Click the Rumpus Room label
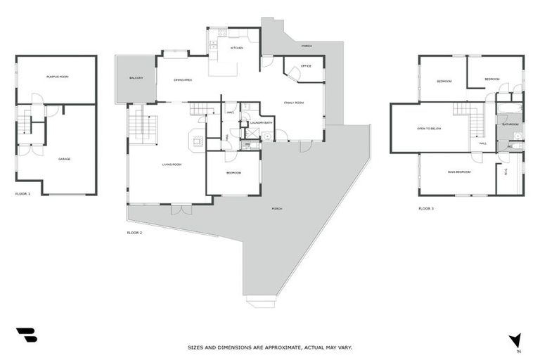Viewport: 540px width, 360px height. (x=57, y=76)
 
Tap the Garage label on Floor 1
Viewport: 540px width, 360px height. (x=64, y=159)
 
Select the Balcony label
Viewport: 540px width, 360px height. (x=136, y=78)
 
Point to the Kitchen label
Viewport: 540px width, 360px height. (x=236, y=48)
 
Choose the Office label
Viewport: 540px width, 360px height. (x=306, y=66)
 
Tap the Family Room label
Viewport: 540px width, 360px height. (x=294, y=103)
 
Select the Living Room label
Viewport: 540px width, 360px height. (x=172, y=165)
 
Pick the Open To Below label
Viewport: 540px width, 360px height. (x=428, y=129)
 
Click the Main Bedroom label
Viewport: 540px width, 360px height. (x=458, y=172)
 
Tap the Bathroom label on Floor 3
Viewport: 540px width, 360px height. (x=510, y=124)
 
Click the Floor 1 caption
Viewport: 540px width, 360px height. (x=23, y=193)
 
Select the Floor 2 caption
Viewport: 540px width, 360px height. (x=134, y=232)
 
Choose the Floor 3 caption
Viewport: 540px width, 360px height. (x=426, y=209)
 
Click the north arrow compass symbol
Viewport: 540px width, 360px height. (x=517, y=341)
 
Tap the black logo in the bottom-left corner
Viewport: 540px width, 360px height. (x=26, y=335)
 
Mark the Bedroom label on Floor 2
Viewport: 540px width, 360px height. (x=233, y=172)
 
